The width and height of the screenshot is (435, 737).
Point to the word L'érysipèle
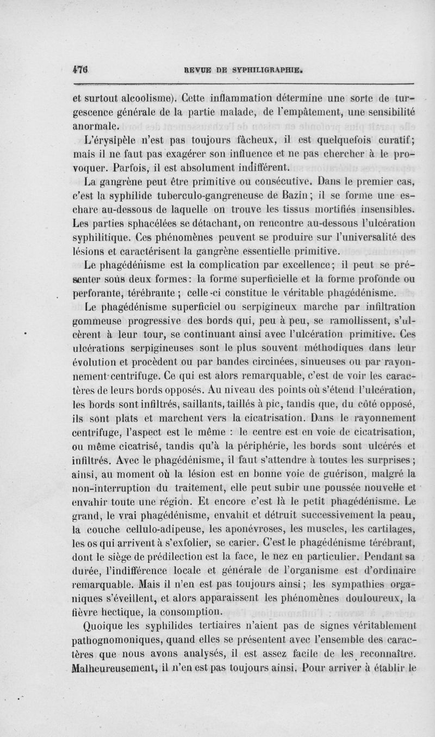[111, 136]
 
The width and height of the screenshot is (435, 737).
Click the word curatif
[393, 136]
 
